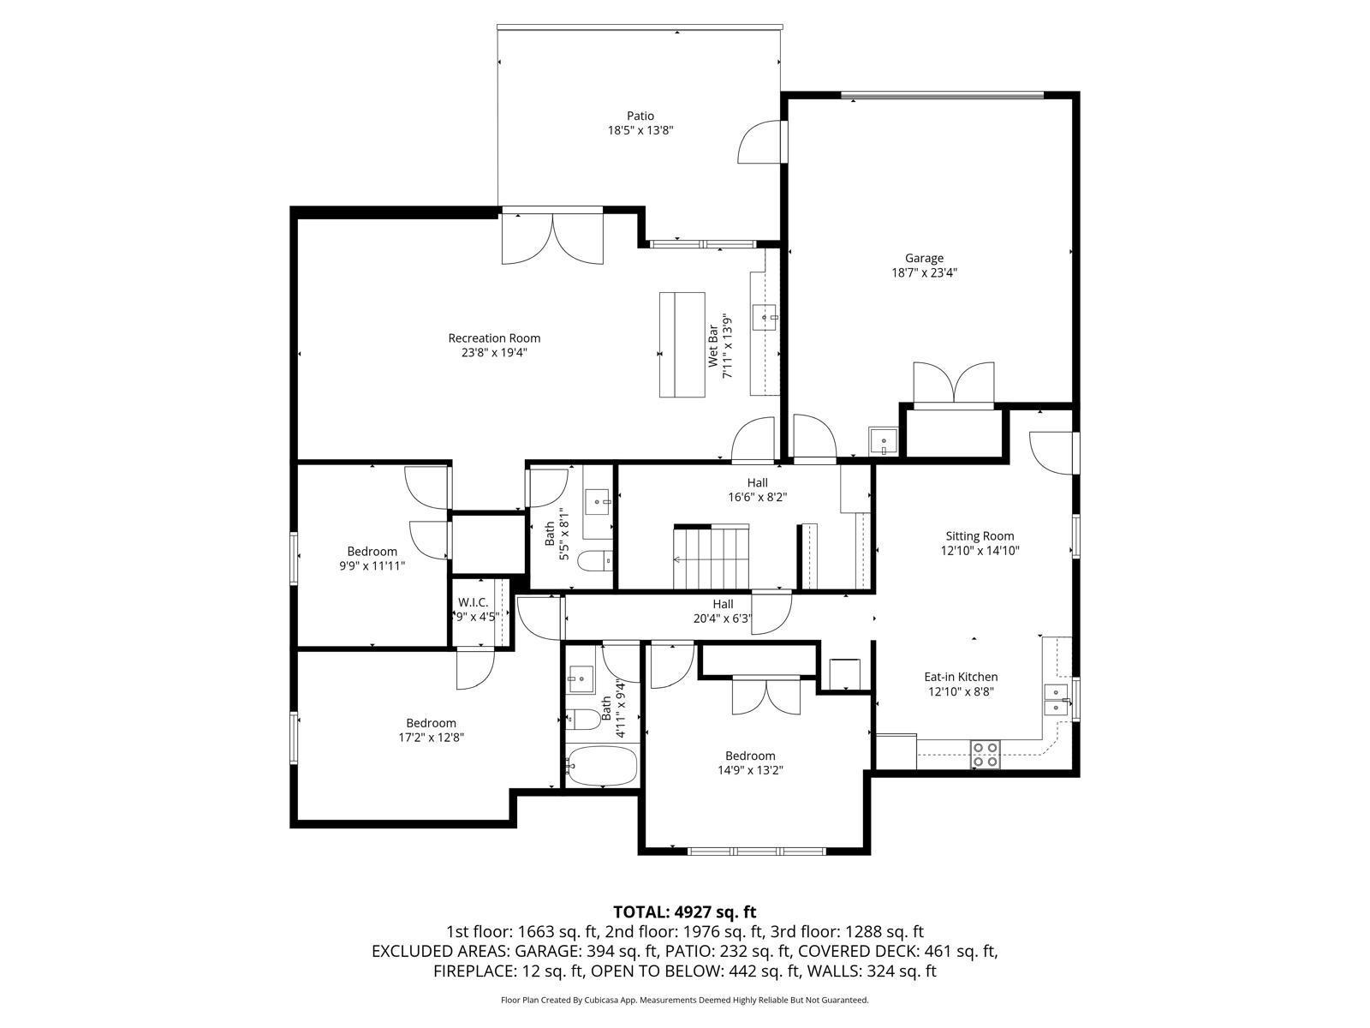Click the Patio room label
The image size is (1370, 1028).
[x=640, y=116]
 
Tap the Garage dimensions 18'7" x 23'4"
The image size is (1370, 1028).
[x=924, y=273]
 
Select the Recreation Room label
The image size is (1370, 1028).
[x=494, y=338]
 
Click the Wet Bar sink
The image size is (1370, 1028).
[x=764, y=318]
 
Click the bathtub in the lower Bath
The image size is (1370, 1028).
[x=602, y=764]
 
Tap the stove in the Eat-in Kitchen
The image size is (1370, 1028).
[x=985, y=754]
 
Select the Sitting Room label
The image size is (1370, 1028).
[x=980, y=536]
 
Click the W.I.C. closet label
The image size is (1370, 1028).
[x=473, y=602]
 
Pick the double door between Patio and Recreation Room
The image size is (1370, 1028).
[x=553, y=240]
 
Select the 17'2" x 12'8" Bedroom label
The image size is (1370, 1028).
[x=431, y=723]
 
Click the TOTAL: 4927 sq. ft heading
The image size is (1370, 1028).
[x=684, y=911]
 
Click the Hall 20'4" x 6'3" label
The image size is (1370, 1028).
[x=723, y=604]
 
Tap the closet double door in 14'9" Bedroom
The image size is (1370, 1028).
[x=766, y=695]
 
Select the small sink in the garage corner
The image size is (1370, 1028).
[x=883, y=442]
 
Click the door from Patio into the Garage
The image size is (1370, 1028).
[x=761, y=141]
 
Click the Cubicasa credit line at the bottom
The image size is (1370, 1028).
[x=684, y=1000]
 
